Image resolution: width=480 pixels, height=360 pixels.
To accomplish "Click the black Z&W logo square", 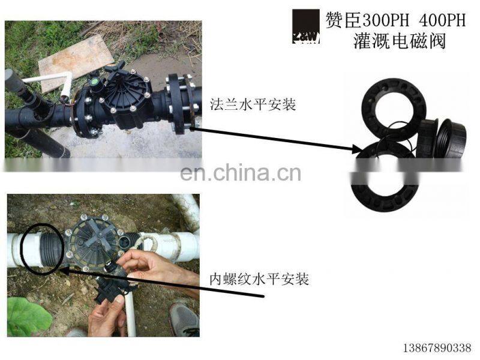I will tap(306, 27).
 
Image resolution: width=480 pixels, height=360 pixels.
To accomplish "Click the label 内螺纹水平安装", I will tap(259, 279).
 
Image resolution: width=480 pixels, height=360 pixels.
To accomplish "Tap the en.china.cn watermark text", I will tap(240, 173).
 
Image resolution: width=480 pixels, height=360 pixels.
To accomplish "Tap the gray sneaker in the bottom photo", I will tap(184, 318).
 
